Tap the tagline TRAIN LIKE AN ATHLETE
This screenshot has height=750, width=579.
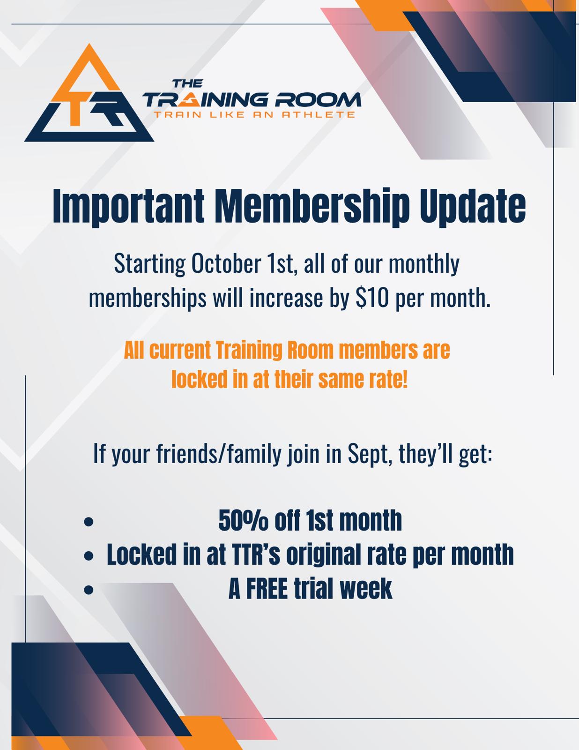254,115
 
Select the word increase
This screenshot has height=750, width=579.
286,298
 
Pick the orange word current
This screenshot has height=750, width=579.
180,350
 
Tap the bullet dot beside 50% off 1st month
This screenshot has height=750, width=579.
89,522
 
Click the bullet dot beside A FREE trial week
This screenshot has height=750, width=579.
89,590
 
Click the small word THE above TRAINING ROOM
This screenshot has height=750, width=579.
187,83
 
